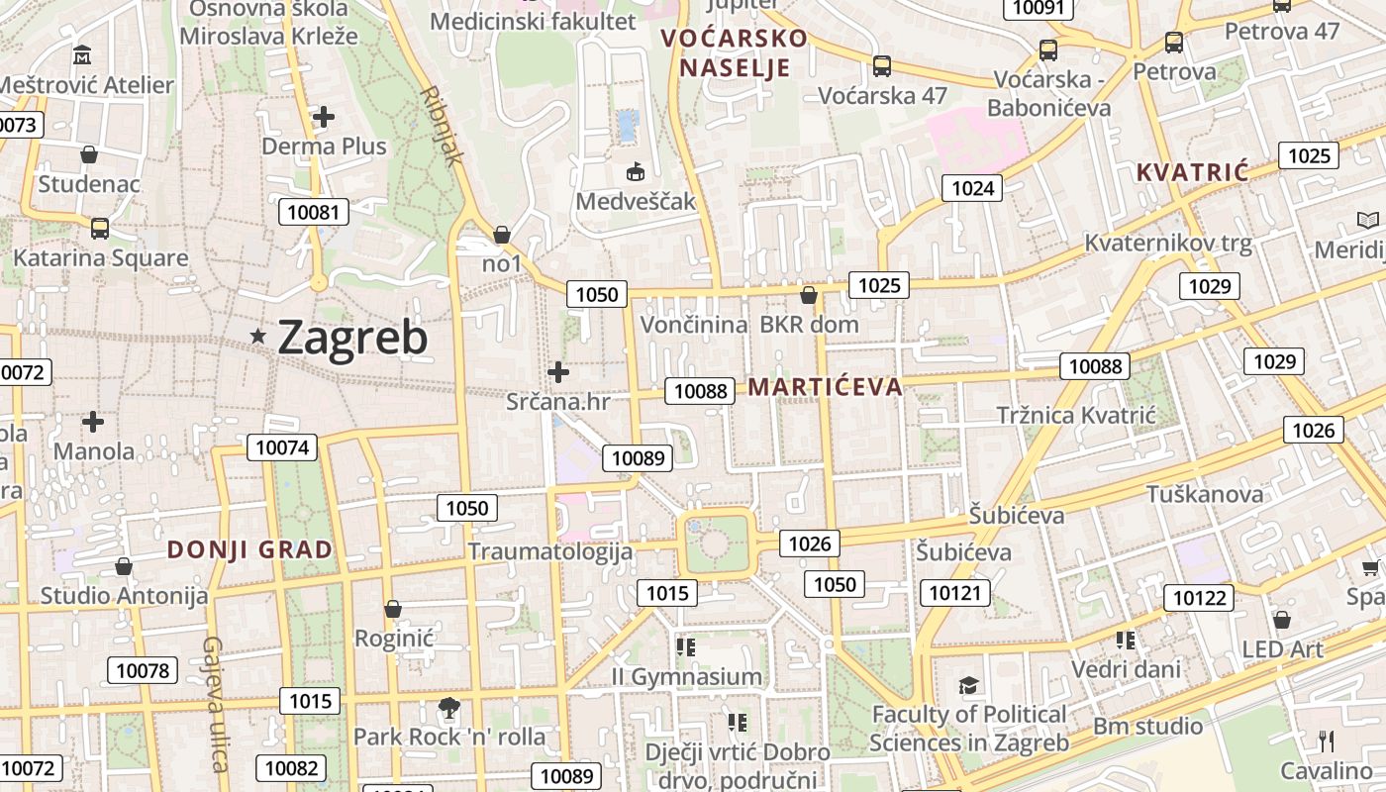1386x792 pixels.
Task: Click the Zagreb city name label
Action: tap(352, 338)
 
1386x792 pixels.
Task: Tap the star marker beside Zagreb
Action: tap(258, 337)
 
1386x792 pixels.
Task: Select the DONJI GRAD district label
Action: tap(249, 550)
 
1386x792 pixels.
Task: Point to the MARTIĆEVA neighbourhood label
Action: tap(825, 387)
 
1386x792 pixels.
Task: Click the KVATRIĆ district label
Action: tap(1192, 172)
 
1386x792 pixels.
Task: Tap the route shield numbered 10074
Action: tap(283, 447)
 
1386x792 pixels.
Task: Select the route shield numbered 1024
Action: tap(972, 188)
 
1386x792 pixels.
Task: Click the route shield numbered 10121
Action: tap(955, 593)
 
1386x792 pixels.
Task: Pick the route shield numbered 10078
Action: tap(143, 670)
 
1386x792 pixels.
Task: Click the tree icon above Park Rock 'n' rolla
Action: tap(449, 708)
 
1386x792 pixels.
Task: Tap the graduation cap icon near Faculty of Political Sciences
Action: tap(968, 685)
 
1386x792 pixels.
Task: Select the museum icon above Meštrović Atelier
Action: tap(83, 54)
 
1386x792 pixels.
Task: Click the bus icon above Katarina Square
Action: tap(100, 229)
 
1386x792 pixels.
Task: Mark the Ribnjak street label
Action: tap(443, 126)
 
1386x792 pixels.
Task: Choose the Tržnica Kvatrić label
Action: tap(1075, 415)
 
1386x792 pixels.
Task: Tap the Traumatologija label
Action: tap(549, 551)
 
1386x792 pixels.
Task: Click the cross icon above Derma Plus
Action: tap(323, 117)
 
